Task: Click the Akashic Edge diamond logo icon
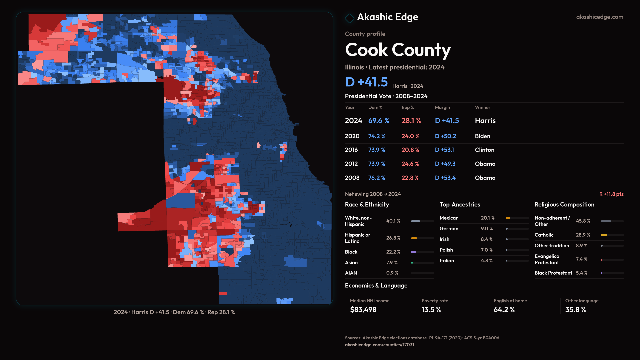pos(349,18)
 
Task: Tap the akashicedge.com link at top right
pos(600,17)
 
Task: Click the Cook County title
pos(398,50)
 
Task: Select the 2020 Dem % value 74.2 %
pos(377,136)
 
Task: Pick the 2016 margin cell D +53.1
pos(444,150)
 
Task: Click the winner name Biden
pos(482,136)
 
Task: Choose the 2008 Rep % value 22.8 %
pos(410,178)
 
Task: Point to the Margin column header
pos(442,107)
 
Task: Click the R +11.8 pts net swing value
pos(611,194)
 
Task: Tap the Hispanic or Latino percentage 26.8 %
pos(393,238)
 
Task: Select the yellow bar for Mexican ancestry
pos(508,218)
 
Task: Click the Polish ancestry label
pos(446,250)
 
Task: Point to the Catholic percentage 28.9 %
pos(583,235)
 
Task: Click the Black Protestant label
pos(553,273)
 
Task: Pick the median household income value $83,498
pos(363,310)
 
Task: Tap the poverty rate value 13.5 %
pos(431,310)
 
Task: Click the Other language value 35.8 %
pos(575,310)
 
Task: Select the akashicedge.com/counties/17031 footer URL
pos(379,345)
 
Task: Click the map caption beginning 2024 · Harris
pos(174,312)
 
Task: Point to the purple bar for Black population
pos(414,252)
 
